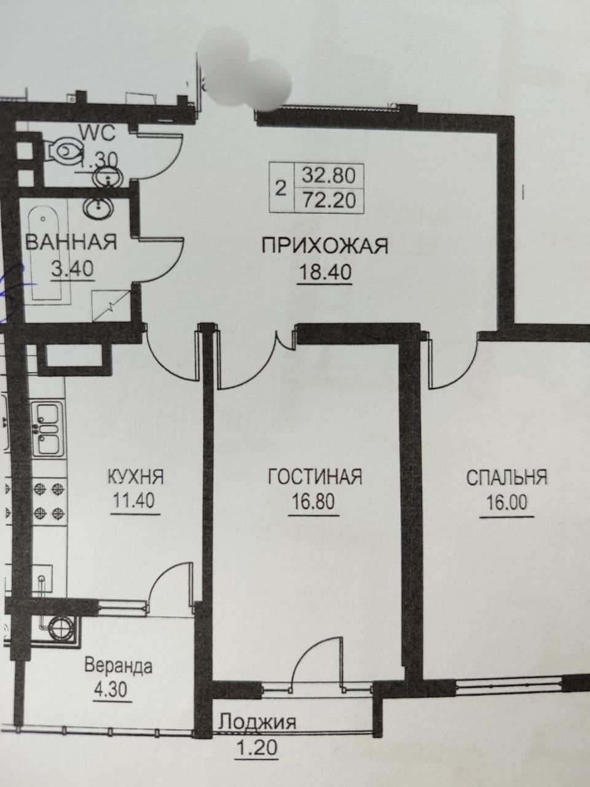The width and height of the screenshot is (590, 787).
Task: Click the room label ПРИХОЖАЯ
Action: pos(325,247)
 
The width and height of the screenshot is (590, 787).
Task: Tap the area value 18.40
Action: pos(325,272)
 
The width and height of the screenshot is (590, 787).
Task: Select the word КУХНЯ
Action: pos(136,477)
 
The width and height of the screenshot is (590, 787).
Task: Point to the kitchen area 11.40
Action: pos(135,500)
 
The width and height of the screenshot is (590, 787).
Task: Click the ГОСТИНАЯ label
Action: pos(315,477)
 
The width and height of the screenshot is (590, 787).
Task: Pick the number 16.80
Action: pos(313,501)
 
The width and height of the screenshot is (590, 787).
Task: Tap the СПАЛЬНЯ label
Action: pos(507,478)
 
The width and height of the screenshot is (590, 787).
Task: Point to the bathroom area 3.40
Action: pos(73,269)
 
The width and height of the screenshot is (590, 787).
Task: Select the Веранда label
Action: pos(119,666)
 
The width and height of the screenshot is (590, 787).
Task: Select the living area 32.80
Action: pos(329,176)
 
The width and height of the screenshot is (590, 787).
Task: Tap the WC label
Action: pos(97,134)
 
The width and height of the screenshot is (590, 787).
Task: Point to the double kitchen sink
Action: pos(48,429)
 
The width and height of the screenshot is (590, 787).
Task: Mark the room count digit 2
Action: pos(281,189)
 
